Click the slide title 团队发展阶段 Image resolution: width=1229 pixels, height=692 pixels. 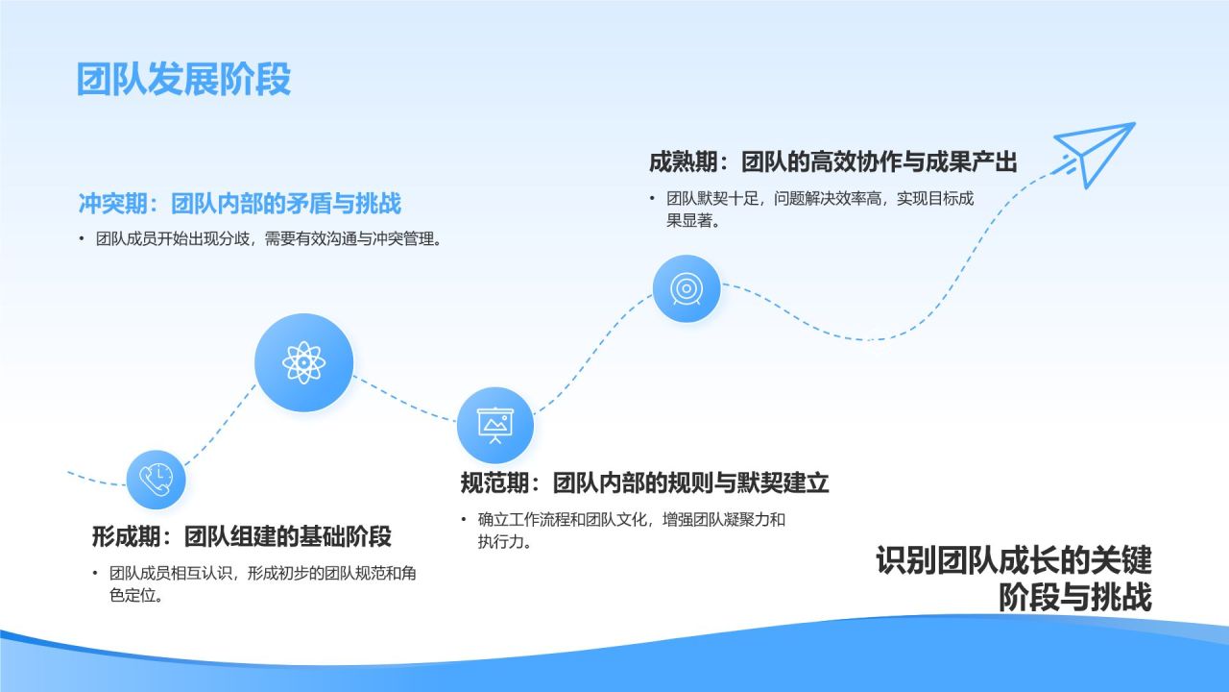183,80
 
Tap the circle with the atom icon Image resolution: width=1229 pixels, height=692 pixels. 303,362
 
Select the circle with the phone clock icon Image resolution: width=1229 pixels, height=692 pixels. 156,479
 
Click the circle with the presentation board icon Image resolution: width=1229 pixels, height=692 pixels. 494,424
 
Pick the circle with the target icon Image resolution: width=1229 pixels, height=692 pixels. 686,287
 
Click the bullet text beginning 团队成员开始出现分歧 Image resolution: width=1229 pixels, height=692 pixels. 269,240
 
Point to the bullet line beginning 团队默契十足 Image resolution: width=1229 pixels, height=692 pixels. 820,199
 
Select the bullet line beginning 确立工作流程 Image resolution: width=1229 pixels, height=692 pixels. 631,520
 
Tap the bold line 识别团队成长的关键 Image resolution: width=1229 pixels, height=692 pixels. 1013,559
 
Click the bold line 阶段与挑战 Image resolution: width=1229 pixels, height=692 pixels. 1074,597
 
